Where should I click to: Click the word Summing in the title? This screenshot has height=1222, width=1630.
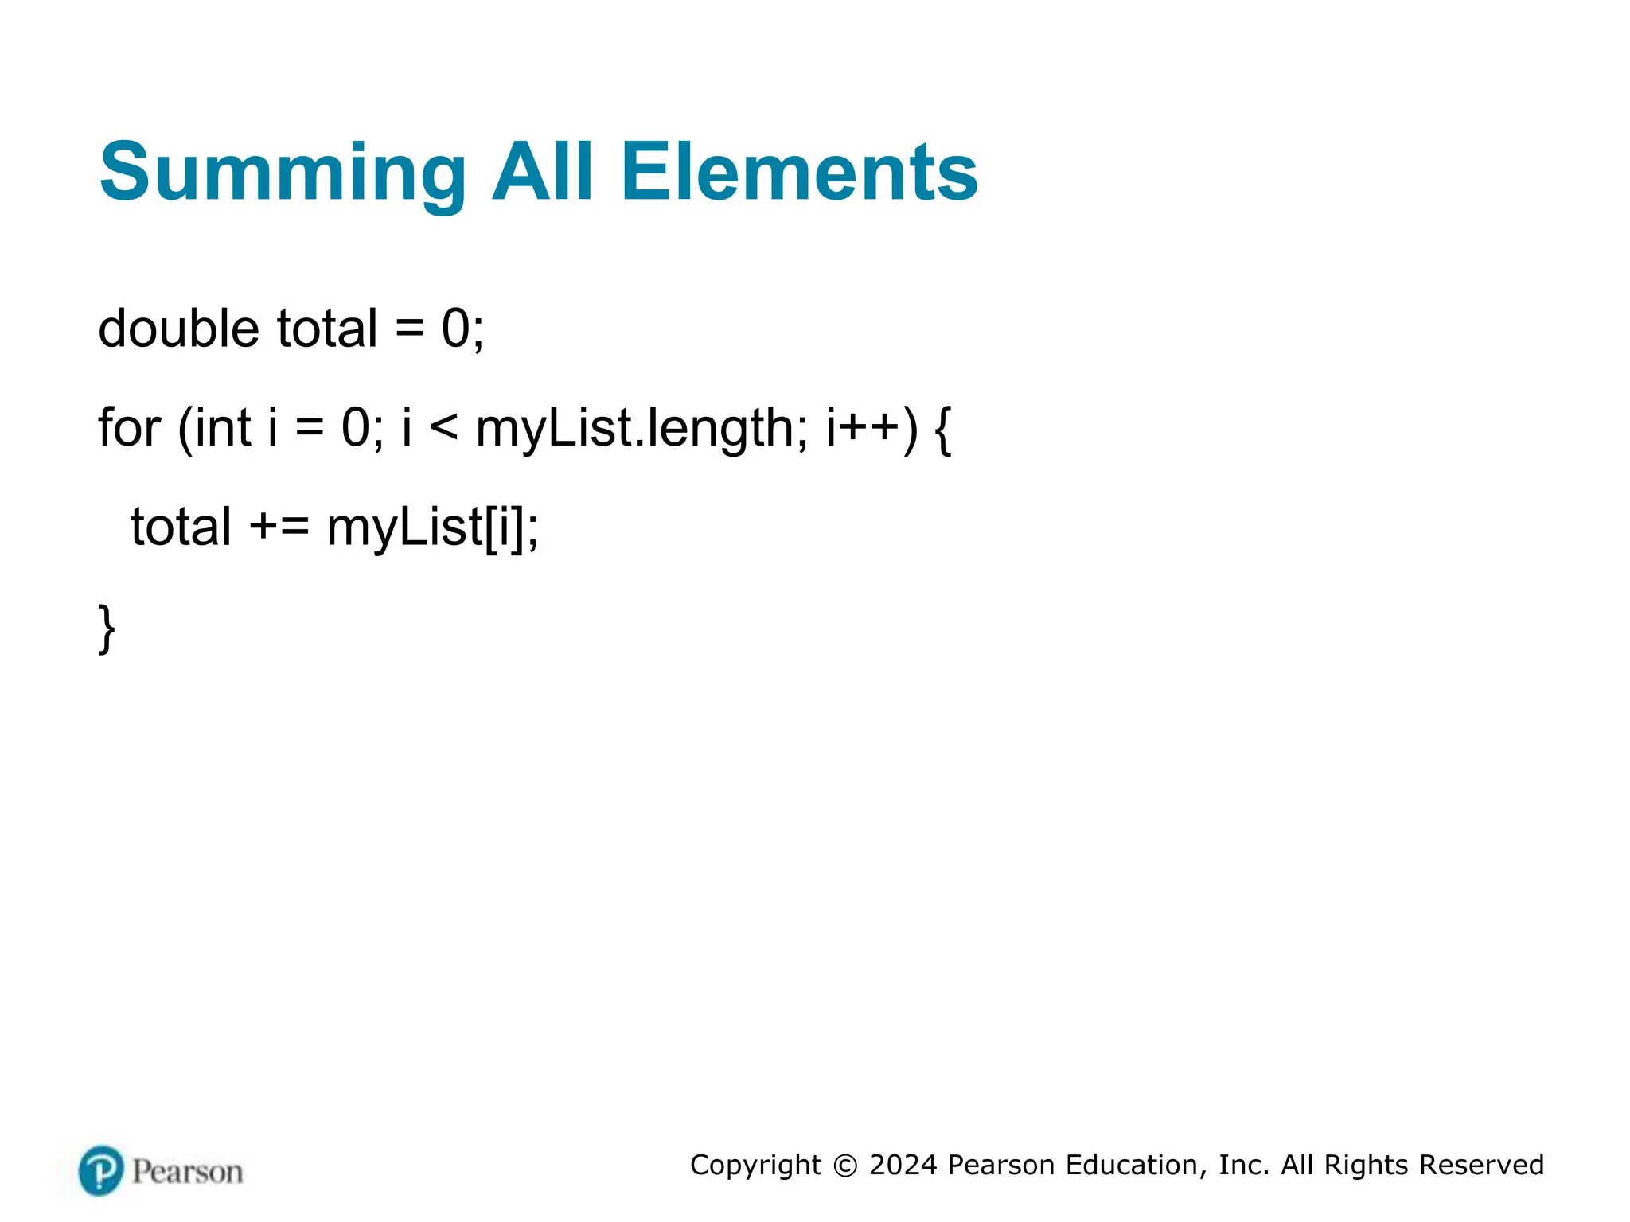pyautogui.click(x=283, y=173)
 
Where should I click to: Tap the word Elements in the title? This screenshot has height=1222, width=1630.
pyautogui.click(x=798, y=173)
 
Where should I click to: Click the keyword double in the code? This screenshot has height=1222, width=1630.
pyautogui.click(x=178, y=329)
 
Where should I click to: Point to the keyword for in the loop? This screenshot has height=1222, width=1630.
pyautogui.click(x=129, y=427)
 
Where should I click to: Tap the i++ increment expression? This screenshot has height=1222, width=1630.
pyautogui.click(x=863, y=427)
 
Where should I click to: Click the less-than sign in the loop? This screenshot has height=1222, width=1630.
pyautogui.click(x=443, y=429)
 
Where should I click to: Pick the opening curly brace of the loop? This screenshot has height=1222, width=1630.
pyautogui.click(x=942, y=429)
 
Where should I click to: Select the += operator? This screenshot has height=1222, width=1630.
pyautogui.click(x=279, y=527)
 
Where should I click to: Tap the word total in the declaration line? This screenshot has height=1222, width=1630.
pyautogui.click(x=326, y=329)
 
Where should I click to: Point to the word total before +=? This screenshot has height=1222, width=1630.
pyautogui.click(x=181, y=527)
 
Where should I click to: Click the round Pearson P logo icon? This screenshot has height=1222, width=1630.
pyautogui.click(x=101, y=1170)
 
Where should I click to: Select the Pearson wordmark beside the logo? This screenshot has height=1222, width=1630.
pyautogui.click(x=187, y=1172)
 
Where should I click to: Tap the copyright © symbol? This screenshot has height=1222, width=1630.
pyautogui.click(x=845, y=1166)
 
